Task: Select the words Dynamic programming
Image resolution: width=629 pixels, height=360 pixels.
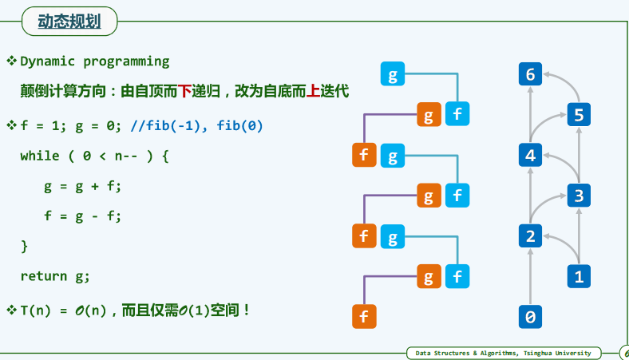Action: coord(95,61)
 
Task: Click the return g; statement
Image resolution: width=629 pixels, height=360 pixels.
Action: coord(55,276)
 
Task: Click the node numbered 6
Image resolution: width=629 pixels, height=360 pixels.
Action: coord(530,75)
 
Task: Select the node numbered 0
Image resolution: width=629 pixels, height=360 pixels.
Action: coord(530,317)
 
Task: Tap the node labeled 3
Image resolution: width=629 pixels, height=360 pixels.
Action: coord(579,195)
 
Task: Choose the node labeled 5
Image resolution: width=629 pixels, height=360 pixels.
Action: coord(579,115)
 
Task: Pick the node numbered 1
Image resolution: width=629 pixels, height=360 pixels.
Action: coord(579,276)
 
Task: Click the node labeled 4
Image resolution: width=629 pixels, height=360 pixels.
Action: coord(530,155)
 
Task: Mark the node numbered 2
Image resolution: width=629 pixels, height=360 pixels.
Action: coord(530,235)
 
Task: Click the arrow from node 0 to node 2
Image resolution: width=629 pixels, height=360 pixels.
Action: coord(530,276)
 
